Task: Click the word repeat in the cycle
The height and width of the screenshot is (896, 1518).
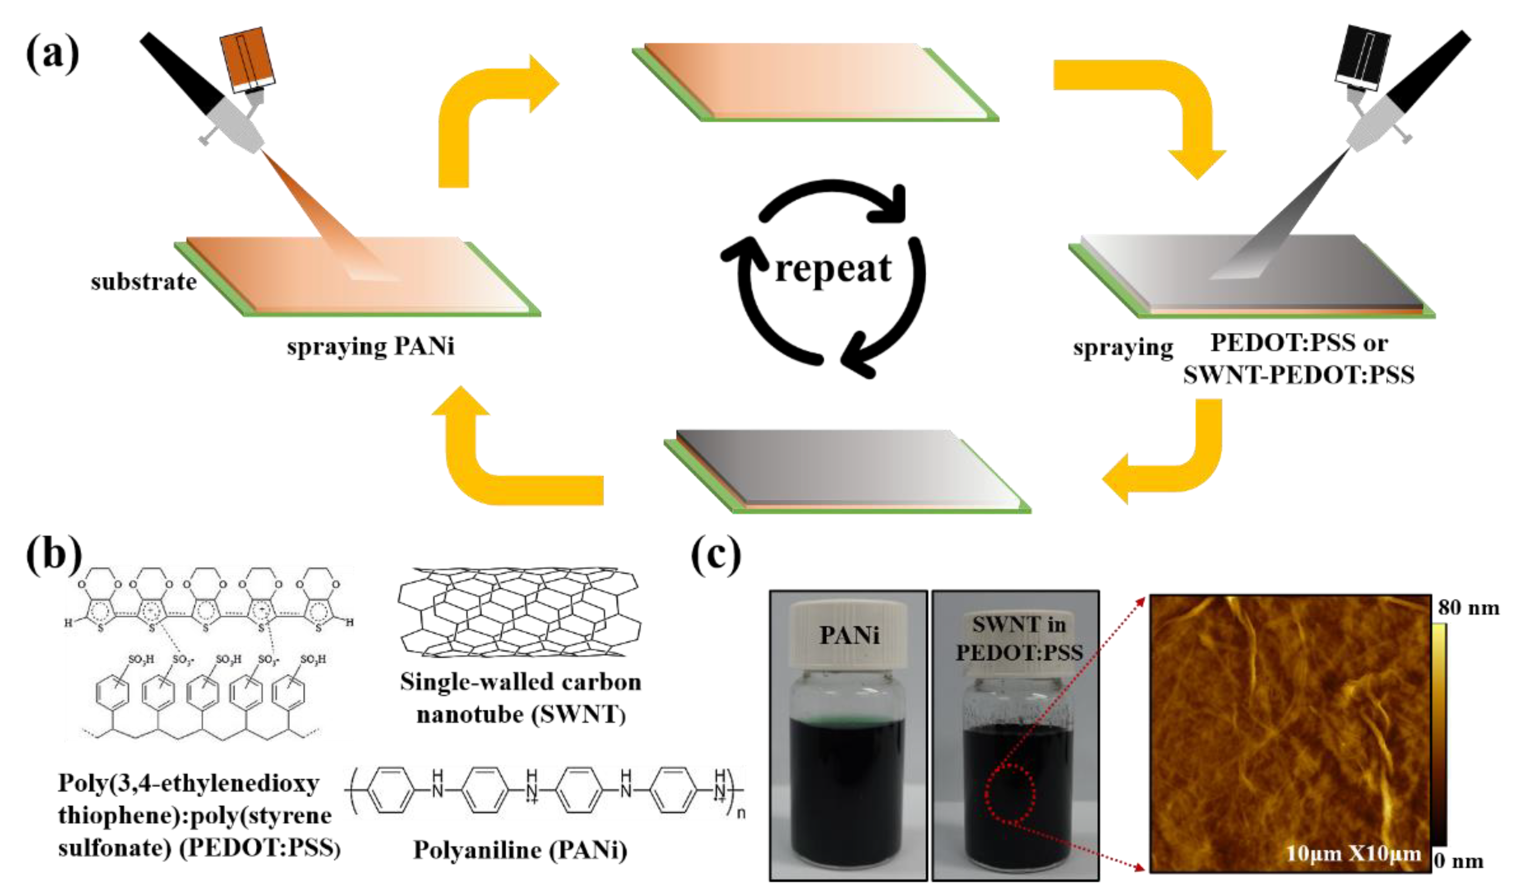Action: pyautogui.click(x=833, y=268)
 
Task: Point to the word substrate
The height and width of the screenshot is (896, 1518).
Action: pyautogui.click(x=144, y=282)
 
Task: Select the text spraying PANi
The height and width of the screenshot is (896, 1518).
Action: pyautogui.click(x=370, y=346)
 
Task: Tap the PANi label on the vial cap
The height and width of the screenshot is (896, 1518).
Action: pyautogui.click(x=849, y=635)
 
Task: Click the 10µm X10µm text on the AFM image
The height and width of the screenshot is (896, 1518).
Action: pyautogui.click(x=1353, y=853)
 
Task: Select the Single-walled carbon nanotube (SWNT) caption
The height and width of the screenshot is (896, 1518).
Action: pyautogui.click(x=520, y=698)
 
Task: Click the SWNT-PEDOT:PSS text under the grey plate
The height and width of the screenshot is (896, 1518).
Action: pyautogui.click(x=1298, y=375)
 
